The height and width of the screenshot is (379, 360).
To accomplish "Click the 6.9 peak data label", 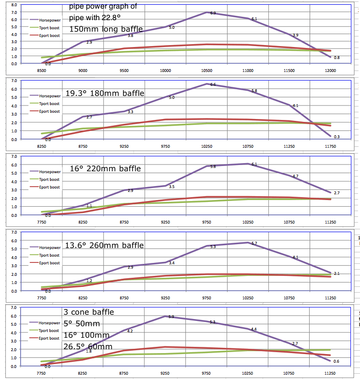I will point(213,12).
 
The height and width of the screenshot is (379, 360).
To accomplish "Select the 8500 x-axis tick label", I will point(42,71).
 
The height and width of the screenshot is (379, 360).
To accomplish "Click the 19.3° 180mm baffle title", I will point(104,93).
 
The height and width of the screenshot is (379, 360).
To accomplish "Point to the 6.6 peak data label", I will point(213,84).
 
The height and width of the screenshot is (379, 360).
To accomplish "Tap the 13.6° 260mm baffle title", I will point(104,245).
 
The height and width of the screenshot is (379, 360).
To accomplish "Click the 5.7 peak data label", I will point(254,244).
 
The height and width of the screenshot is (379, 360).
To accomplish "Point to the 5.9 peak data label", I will point(172,317).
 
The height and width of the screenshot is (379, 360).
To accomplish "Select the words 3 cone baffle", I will point(89,312).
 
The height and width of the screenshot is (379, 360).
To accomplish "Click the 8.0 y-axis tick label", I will point(13,5).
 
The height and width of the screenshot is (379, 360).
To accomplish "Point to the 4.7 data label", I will point(296,177).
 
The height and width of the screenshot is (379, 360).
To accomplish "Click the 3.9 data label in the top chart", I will point(295,36).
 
